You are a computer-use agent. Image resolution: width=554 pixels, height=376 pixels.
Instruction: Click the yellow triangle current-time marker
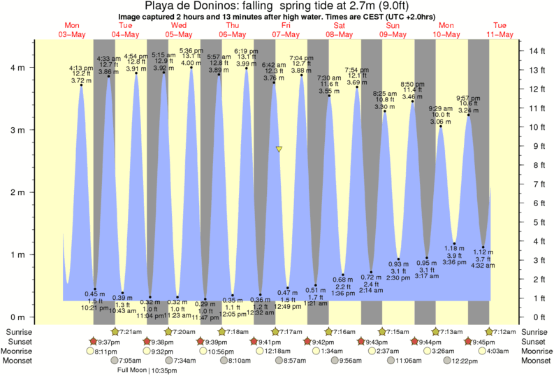click(279, 150)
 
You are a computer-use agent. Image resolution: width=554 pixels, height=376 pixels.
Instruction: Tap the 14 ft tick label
click(537, 51)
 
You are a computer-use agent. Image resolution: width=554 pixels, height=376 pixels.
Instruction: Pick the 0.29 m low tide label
click(205, 304)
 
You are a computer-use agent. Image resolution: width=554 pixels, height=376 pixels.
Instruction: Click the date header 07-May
click(285, 34)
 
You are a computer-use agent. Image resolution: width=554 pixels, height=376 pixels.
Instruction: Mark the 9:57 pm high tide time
click(468, 97)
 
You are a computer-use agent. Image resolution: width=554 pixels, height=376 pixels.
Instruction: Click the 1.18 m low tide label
click(455, 247)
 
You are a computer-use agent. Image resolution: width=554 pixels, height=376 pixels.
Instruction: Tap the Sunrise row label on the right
click(534, 331)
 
